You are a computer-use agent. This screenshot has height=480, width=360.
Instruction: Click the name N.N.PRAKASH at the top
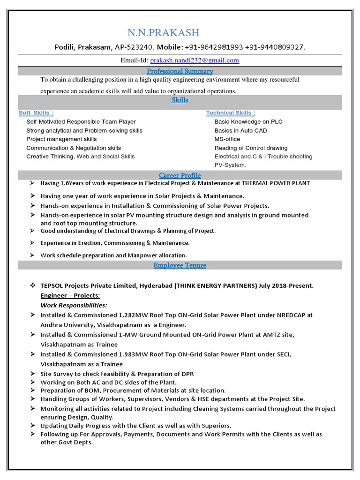tap(163, 33)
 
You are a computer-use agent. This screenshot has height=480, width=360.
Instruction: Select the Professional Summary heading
tap(180, 71)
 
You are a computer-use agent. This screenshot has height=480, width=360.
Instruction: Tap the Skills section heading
tap(180, 100)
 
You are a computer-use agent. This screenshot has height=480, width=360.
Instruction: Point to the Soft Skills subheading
tap(36, 113)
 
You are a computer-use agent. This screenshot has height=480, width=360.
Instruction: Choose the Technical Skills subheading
tap(231, 113)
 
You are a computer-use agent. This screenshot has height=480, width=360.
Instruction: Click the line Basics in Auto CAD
tap(240, 131)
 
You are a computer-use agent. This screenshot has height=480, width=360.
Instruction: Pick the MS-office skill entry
tap(227, 139)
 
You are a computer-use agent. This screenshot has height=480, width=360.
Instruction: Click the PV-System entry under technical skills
tap(230, 165)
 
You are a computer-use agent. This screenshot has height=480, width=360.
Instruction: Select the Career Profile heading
tap(180, 175)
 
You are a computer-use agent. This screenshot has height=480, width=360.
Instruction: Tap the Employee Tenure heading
tap(180, 265)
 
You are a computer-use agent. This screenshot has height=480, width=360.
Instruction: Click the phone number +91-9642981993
tap(209, 47)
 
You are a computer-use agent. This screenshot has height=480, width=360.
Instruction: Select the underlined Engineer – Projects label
tap(70, 296)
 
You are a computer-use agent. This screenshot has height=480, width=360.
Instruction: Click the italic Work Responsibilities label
tap(74, 306)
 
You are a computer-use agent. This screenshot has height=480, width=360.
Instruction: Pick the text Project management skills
tap(61, 139)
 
